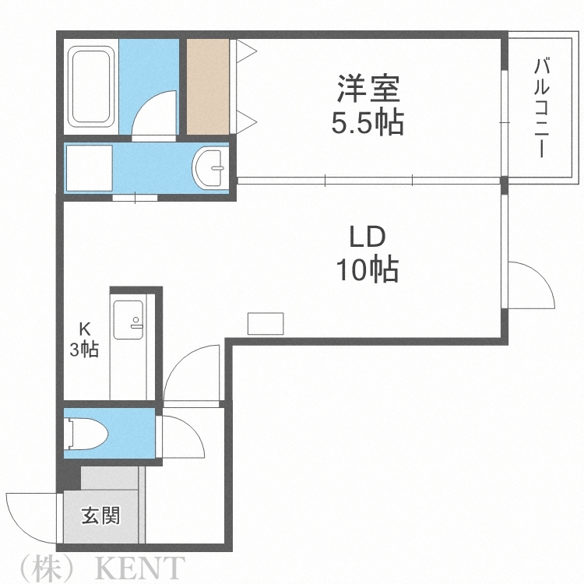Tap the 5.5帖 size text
pyautogui.click(x=368, y=123)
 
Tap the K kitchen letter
pyautogui.click(x=83, y=328)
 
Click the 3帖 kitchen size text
pyautogui.click(x=83, y=350)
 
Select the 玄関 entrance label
pyautogui.click(x=101, y=515)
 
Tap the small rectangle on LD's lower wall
pyautogui.click(x=266, y=323)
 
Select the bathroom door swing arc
pyautogui.click(x=156, y=113)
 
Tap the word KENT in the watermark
pyautogui.click(x=140, y=567)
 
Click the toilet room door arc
pyautogui.click(x=183, y=436)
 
